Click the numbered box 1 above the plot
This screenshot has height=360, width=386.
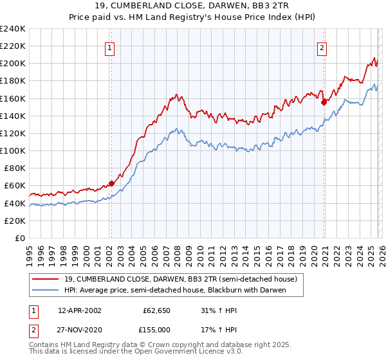(x=111, y=48)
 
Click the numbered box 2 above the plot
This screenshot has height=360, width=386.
(x=322, y=48)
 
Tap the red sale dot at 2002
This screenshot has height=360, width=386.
(x=111, y=183)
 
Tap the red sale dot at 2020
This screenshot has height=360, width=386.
(x=324, y=101)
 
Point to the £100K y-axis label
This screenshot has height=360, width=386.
(x=14, y=150)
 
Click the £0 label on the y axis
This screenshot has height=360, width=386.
(x=19, y=238)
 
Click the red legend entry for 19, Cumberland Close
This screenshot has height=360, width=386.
(x=180, y=280)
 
